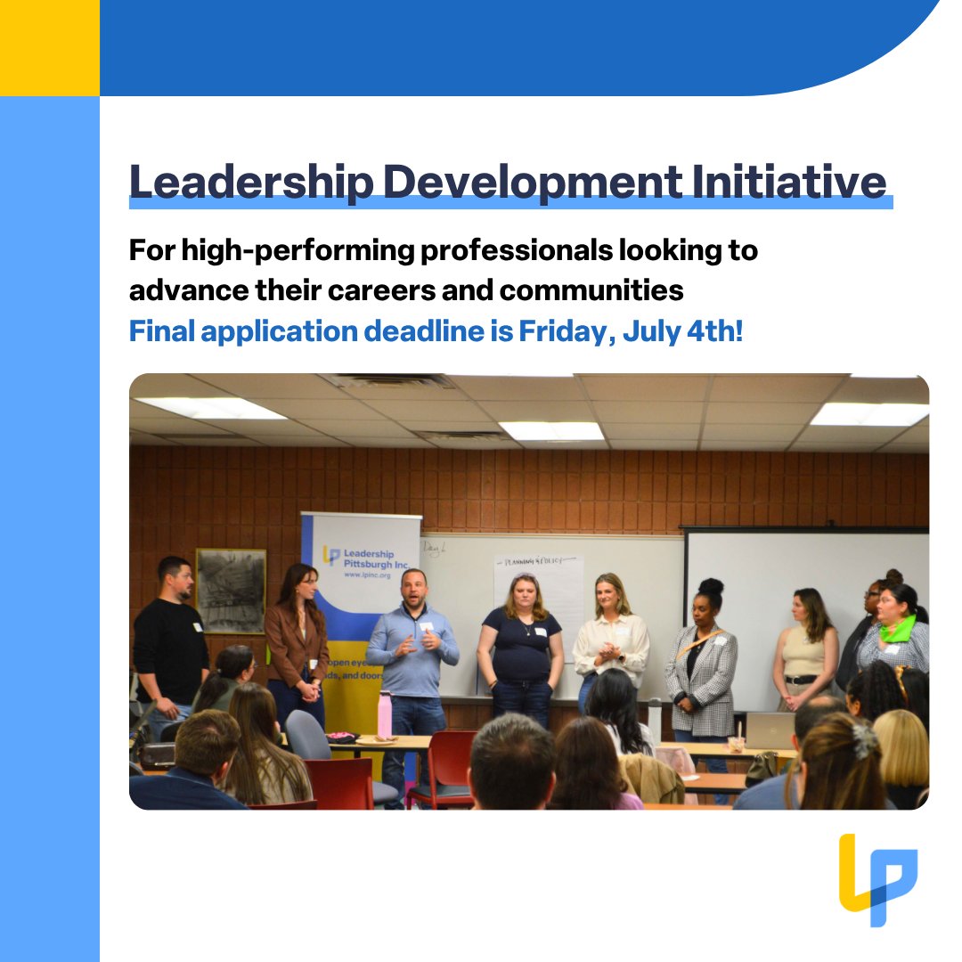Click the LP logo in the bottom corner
tap(877, 879)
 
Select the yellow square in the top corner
tap(49, 47)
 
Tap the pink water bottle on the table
tap(385, 714)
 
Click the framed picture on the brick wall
tap(231, 591)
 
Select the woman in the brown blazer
tap(296, 637)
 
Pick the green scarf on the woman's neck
tap(897, 629)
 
